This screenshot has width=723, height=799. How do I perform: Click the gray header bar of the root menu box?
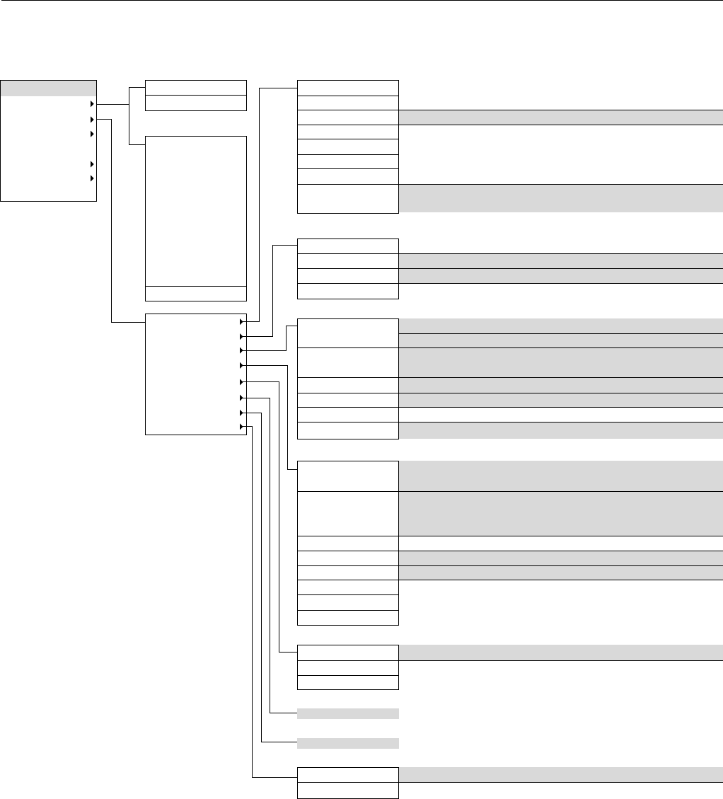click(48, 88)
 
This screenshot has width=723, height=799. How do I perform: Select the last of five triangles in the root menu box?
click(92, 179)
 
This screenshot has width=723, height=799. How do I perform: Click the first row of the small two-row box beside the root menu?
click(195, 88)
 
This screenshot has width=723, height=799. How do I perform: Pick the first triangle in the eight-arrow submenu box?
click(242, 321)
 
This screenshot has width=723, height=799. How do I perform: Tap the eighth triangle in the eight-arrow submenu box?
click(242, 427)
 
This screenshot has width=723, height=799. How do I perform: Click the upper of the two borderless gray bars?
click(348, 713)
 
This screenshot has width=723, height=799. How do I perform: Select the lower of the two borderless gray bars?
click(348, 743)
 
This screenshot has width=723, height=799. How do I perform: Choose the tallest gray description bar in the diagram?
click(561, 513)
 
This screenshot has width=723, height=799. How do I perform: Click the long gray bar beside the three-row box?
click(561, 653)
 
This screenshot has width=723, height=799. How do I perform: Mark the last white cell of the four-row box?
click(348, 291)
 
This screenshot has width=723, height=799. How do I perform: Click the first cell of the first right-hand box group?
click(348, 88)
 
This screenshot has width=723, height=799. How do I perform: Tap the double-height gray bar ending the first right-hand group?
click(561, 198)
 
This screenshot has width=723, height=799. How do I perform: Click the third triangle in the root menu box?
click(92, 134)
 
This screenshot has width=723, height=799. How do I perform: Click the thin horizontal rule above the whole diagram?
click(361, 1)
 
